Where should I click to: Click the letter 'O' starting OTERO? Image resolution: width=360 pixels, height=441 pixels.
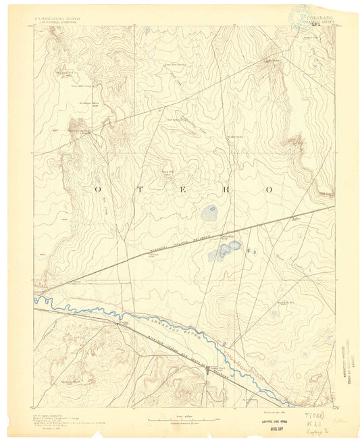click(x=98, y=190)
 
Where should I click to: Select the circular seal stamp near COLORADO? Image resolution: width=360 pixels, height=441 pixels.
click(x=300, y=15)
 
